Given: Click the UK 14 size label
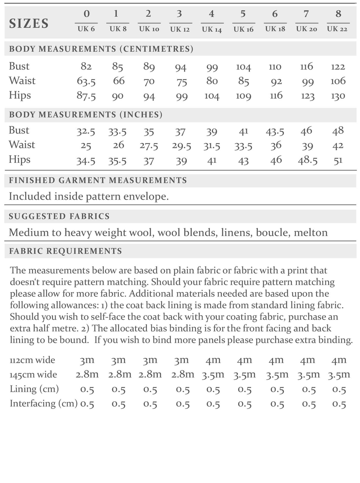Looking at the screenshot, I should (x=212, y=29).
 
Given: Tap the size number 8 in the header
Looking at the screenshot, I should (x=338, y=14).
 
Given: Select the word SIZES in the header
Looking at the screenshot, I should (x=29, y=23).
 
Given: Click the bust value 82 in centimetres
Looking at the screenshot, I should (x=86, y=67).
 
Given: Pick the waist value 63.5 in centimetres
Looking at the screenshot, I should (x=86, y=81).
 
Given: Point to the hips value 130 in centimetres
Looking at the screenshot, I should (x=338, y=96).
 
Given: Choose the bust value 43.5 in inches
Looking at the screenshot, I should (x=275, y=131).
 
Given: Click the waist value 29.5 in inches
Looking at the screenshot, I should (x=181, y=146).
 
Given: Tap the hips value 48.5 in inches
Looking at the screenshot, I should (x=307, y=160).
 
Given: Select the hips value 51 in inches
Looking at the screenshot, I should (x=338, y=161).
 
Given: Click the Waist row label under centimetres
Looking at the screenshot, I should (x=22, y=81).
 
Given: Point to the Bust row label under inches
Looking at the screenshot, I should (x=19, y=130).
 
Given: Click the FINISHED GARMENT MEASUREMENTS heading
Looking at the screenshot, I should (x=98, y=180).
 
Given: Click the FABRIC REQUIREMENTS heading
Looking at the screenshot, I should (x=65, y=251).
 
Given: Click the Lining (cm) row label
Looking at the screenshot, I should (x=34, y=389).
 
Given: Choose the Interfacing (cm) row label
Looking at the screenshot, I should (x=44, y=403).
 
